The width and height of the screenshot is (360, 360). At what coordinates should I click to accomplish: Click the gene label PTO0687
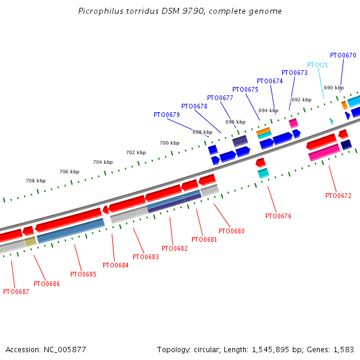point(16,292)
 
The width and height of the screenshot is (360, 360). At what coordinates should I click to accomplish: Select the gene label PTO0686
point(47,284)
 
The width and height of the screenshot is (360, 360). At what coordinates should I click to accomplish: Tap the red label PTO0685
point(83,274)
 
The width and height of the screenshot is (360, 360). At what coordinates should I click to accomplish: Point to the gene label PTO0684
point(115,265)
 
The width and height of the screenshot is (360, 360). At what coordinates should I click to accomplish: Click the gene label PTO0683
point(145,257)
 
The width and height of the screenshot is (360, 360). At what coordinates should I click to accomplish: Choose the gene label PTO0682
point(175,248)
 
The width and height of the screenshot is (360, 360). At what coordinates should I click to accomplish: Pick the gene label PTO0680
point(232,231)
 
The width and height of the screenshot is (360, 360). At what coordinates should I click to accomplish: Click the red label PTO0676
point(278,216)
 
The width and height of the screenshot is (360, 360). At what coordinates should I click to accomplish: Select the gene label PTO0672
point(338,196)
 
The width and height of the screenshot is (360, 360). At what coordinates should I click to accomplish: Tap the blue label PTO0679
point(166,115)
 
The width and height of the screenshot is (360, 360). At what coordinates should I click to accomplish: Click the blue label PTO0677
point(220,98)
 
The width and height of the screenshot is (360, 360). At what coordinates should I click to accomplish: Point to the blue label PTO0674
point(269,81)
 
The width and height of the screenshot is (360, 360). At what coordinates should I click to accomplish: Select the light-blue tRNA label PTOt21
point(317,65)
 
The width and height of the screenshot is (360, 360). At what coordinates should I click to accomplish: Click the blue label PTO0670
point(343,55)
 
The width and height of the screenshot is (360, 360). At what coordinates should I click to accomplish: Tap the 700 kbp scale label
point(169,143)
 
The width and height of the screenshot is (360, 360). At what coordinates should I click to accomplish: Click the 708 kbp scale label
point(35,181)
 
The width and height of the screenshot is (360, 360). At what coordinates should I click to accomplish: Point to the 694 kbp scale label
point(268,110)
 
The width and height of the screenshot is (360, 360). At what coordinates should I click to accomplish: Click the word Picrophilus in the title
point(100,11)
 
